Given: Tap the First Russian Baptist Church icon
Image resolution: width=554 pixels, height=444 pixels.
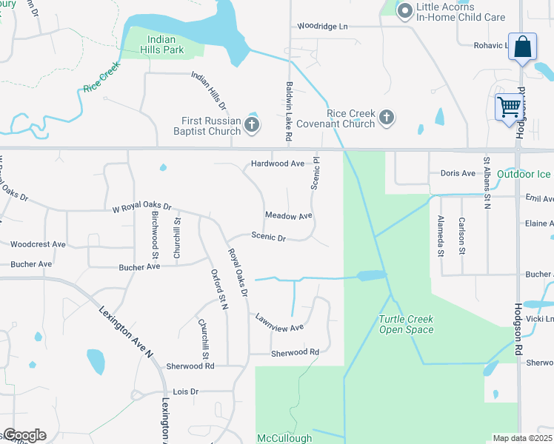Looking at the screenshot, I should pyautogui.click(x=252, y=124).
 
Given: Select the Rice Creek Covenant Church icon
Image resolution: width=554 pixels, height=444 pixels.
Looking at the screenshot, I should pyautogui.click(x=386, y=118).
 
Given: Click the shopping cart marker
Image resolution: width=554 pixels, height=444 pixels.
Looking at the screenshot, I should pyautogui.click(x=508, y=107).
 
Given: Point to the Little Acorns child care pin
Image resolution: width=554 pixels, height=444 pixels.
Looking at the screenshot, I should pyautogui.click(x=405, y=11).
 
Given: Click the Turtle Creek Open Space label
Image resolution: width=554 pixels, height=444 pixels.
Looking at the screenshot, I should pyautogui.click(x=406, y=324).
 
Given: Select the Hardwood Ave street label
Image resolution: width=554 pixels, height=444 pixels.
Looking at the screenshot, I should pyautogui.click(x=278, y=164).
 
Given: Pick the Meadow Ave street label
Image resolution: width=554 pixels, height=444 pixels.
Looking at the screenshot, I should pyautogui.click(x=289, y=215).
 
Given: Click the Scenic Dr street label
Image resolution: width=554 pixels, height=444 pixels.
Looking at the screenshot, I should pyautogui.click(x=268, y=238).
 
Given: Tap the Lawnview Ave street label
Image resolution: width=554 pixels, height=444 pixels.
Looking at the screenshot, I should pyautogui.click(x=279, y=323).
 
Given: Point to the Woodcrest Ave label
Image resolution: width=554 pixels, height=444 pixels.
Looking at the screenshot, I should pyautogui.click(x=39, y=243).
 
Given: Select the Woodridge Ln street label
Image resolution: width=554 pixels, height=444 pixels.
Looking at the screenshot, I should pyautogui.click(x=322, y=26).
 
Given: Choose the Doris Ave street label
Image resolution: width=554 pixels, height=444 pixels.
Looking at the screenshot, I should pyautogui.click(x=458, y=173).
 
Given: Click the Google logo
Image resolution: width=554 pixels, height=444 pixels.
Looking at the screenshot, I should pyautogui.click(x=24, y=435).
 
